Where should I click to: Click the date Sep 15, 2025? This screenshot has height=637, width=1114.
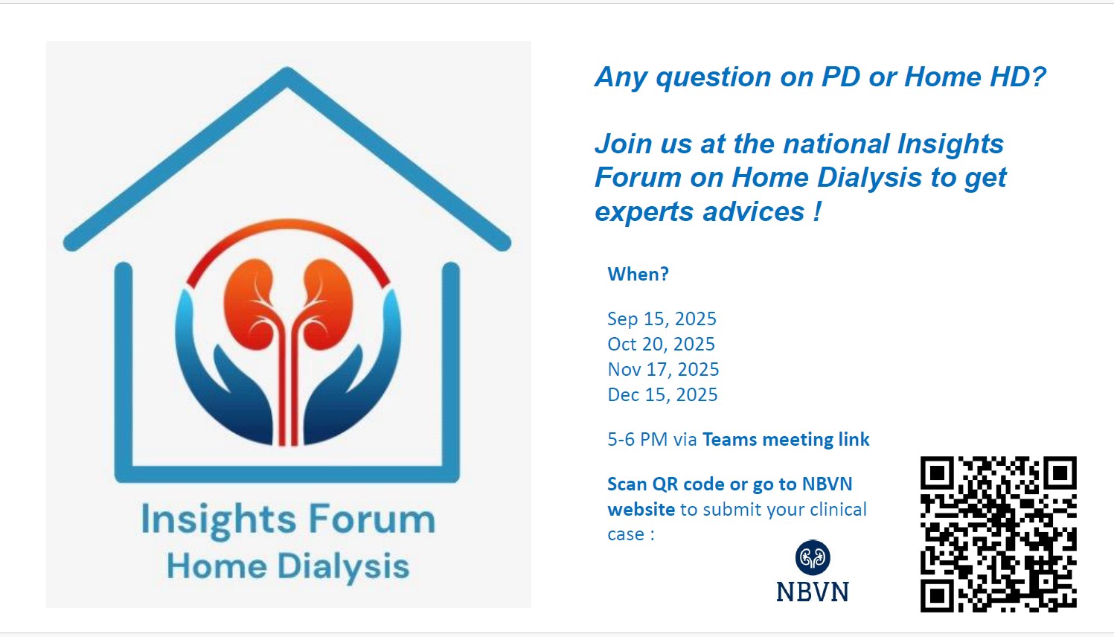click(662, 318)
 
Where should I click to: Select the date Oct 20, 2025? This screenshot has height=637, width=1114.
click(661, 344)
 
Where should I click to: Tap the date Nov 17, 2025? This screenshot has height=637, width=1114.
click(663, 369)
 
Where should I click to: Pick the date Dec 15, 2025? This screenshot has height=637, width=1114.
click(662, 395)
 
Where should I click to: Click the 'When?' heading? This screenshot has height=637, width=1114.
click(638, 274)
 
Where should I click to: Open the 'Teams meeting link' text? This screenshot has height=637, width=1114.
click(786, 440)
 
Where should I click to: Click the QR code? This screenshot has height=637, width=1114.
click(998, 534)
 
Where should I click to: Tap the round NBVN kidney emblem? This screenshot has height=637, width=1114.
click(813, 557)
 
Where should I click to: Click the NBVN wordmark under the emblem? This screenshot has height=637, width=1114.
click(813, 592)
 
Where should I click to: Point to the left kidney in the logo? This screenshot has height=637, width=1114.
click(249, 304)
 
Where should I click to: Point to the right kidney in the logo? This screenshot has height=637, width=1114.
click(328, 304)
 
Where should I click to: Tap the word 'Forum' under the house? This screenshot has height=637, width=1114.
click(372, 519)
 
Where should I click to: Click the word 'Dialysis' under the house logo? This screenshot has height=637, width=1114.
click(343, 567)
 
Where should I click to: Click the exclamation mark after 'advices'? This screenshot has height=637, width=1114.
click(818, 211)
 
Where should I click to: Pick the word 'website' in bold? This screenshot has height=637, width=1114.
click(641, 509)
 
